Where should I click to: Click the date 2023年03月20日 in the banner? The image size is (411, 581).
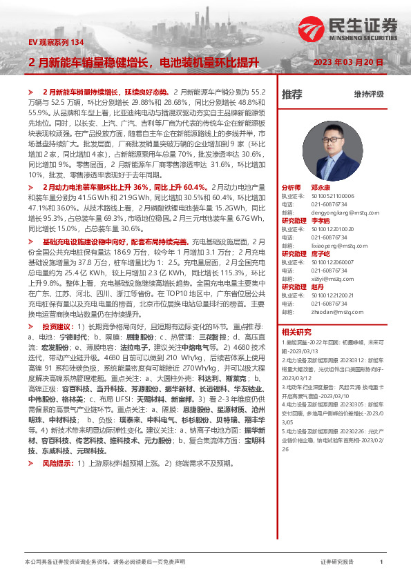click(348, 62)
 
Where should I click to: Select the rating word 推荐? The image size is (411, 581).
click(292, 94)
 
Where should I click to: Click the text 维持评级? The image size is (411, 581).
click(368, 94)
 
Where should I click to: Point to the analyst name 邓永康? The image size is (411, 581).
click(320, 188)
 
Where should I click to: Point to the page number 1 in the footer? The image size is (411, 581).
click(381, 562)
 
